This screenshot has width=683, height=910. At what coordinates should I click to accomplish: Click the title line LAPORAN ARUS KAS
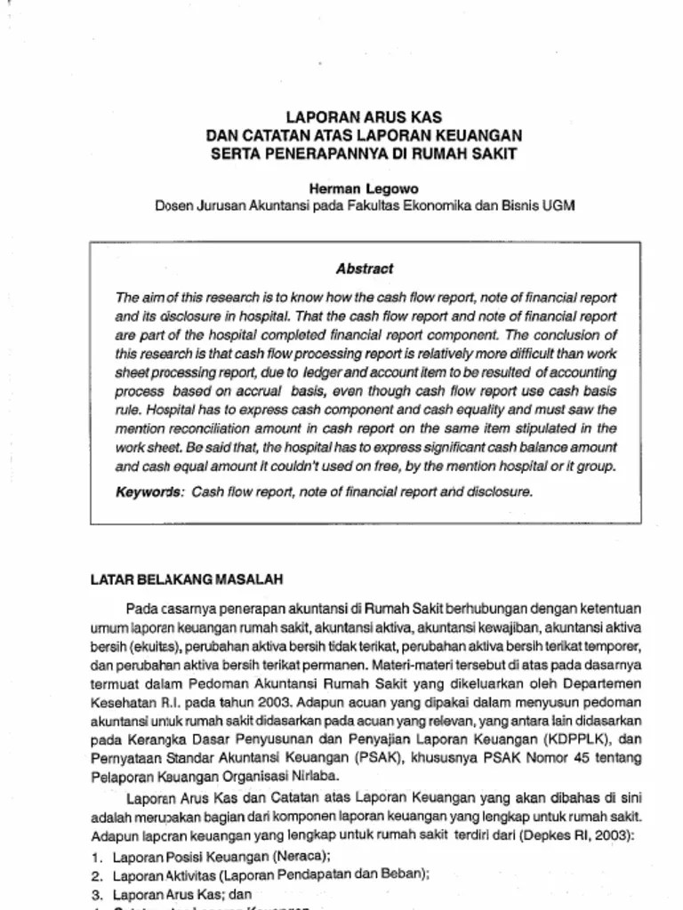pyautogui.click(x=364, y=118)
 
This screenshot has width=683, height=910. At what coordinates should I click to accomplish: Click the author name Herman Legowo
pyautogui.click(x=364, y=188)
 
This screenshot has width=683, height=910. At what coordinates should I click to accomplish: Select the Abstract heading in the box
pyautogui.click(x=365, y=268)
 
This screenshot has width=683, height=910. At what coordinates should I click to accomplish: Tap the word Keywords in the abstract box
pyautogui.click(x=149, y=491)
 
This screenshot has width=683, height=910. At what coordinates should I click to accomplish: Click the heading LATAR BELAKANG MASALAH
pyautogui.click(x=187, y=579)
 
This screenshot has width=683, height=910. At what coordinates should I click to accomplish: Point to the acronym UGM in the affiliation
pyautogui.click(x=561, y=206)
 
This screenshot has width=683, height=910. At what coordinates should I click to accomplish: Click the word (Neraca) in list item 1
pyautogui.click(x=302, y=856)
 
